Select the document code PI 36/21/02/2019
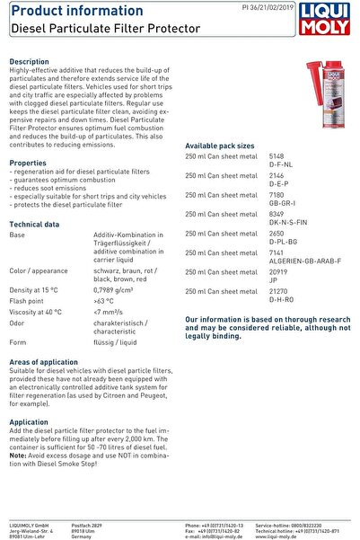[268, 6]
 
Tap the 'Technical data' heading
[34, 224]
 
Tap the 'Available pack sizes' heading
[220, 145]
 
